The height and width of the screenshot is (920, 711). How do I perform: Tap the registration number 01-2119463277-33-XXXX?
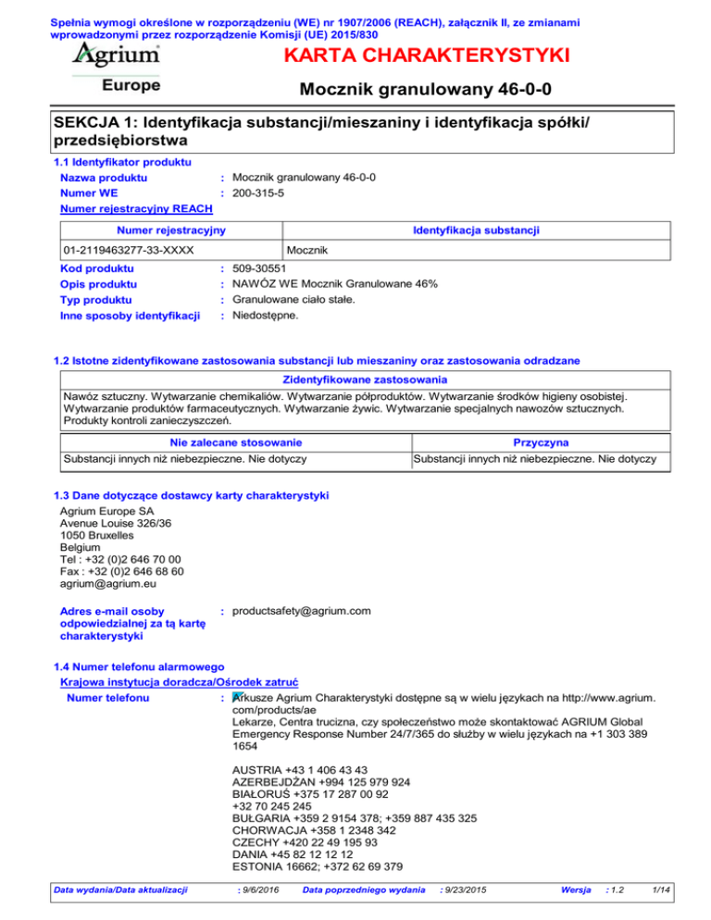(x=129, y=251)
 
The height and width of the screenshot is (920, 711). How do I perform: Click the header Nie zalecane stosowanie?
(x=233, y=442)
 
